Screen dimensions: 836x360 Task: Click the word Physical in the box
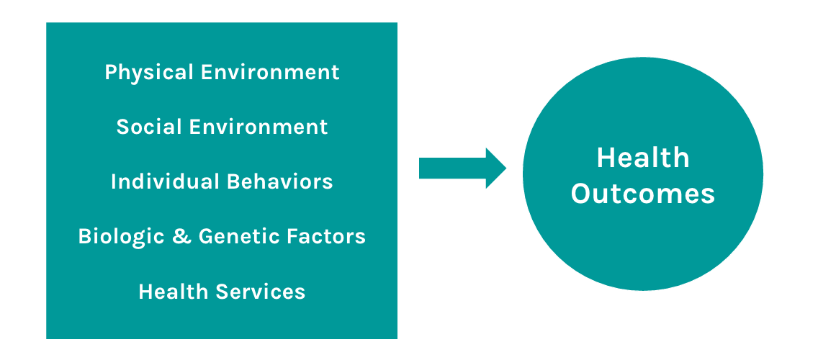(149, 73)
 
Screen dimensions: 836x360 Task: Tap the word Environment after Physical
(270, 72)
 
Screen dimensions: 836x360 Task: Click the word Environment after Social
(259, 127)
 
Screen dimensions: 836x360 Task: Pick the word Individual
(166, 181)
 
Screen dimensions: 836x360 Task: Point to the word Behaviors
(280, 181)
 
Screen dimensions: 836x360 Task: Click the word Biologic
(121, 237)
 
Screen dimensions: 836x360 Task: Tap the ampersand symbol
(181, 236)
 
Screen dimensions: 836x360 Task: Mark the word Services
(261, 292)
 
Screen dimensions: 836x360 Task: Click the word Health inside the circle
(643, 158)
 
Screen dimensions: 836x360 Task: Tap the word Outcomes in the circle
(643, 194)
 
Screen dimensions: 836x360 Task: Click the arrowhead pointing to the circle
(496, 168)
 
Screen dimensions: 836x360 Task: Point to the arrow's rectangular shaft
(453, 168)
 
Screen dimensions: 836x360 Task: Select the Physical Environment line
(223, 73)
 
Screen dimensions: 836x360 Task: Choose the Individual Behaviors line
(223, 181)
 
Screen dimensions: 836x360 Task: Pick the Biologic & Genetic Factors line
(223, 237)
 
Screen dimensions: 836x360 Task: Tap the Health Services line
(223, 292)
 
